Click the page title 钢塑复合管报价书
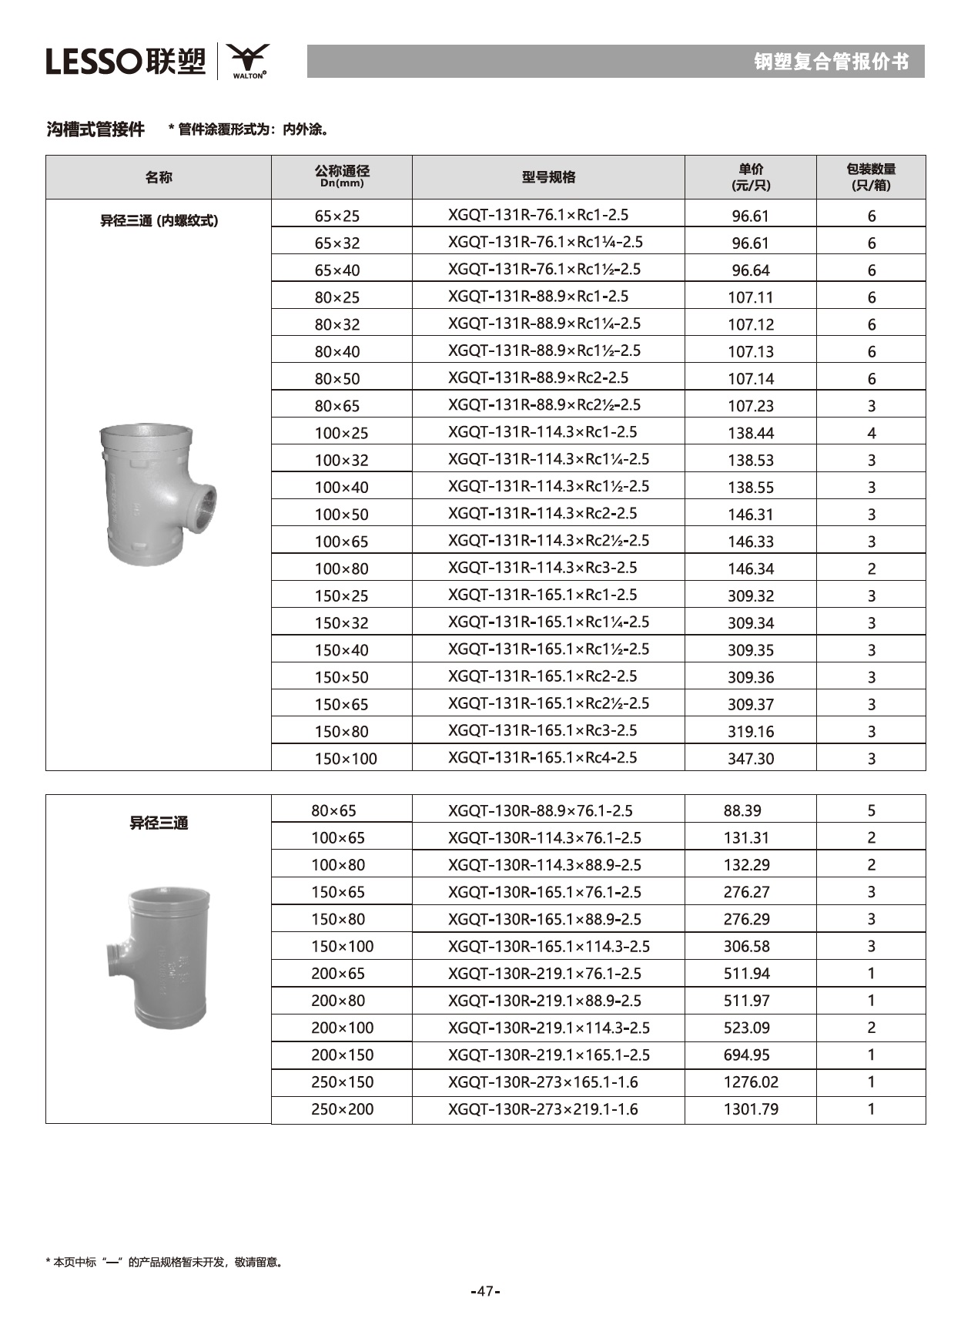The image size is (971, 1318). pyautogui.click(x=831, y=62)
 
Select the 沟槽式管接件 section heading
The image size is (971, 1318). pyautogui.click(x=95, y=129)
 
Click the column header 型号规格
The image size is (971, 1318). pyautogui.click(x=548, y=177)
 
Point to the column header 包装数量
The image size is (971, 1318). pyautogui.click(x=871, y=177)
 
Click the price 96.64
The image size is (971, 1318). pyautogui.click(x=750, y=270)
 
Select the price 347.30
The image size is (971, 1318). pyautogui.click(x=750, y=759)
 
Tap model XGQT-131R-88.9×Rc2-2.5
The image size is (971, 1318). pyautogui.click(x=538, y=377)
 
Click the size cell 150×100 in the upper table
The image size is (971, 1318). pyautogui.click(x=346, y=759)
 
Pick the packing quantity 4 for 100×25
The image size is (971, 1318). pyautogui.click(x=871, y=433)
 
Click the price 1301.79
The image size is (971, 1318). pyautogui.click(x=750, y=1109)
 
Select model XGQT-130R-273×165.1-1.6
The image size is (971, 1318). pyautogui.click(x=543, y=1082)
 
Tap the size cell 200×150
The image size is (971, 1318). pyautogui.click(x=342, y=1055)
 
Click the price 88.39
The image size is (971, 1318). pyautogui.click(x=742, y=810)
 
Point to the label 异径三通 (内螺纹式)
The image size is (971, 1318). pyautogui.click(x=159, y=221)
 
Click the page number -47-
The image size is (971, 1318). pyautogui.click(x=485, y=1291)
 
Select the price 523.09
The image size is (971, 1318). pyautogui.click(x=746, y=1028)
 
